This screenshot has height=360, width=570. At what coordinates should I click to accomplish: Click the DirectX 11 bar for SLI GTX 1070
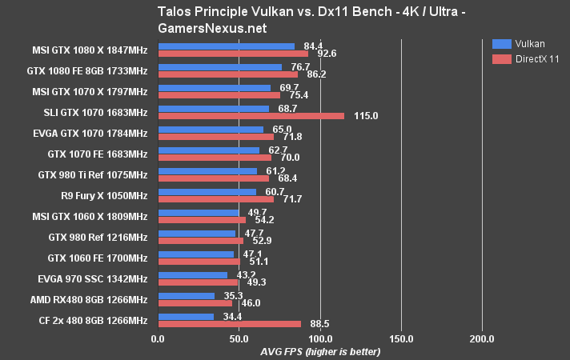click(251, 116)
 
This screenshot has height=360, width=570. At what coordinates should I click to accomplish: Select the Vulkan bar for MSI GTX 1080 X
click(227, 46)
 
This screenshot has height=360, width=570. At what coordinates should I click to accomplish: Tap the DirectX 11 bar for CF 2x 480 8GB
click(231, 324)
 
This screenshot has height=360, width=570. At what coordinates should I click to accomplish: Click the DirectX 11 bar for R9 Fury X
click(216, 199)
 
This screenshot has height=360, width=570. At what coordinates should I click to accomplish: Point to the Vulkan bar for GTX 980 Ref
click(197, 234)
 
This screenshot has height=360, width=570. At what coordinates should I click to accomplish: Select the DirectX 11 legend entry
click(529, 58)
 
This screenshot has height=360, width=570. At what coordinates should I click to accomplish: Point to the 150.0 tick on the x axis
click(401, 339)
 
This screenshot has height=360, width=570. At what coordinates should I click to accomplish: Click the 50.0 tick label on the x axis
click(239, 339)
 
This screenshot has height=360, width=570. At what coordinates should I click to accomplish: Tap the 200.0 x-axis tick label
click(482, 339)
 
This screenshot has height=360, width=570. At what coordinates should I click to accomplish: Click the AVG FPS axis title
click(320, 352)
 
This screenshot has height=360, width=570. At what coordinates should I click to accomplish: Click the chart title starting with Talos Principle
click(284, 17)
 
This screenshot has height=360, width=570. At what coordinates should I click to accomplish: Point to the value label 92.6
click(327, 54)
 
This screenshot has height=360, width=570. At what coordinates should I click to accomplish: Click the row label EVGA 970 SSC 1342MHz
click(92, 278)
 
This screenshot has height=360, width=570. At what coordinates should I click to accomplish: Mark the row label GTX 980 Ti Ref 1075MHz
click(92, 174)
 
